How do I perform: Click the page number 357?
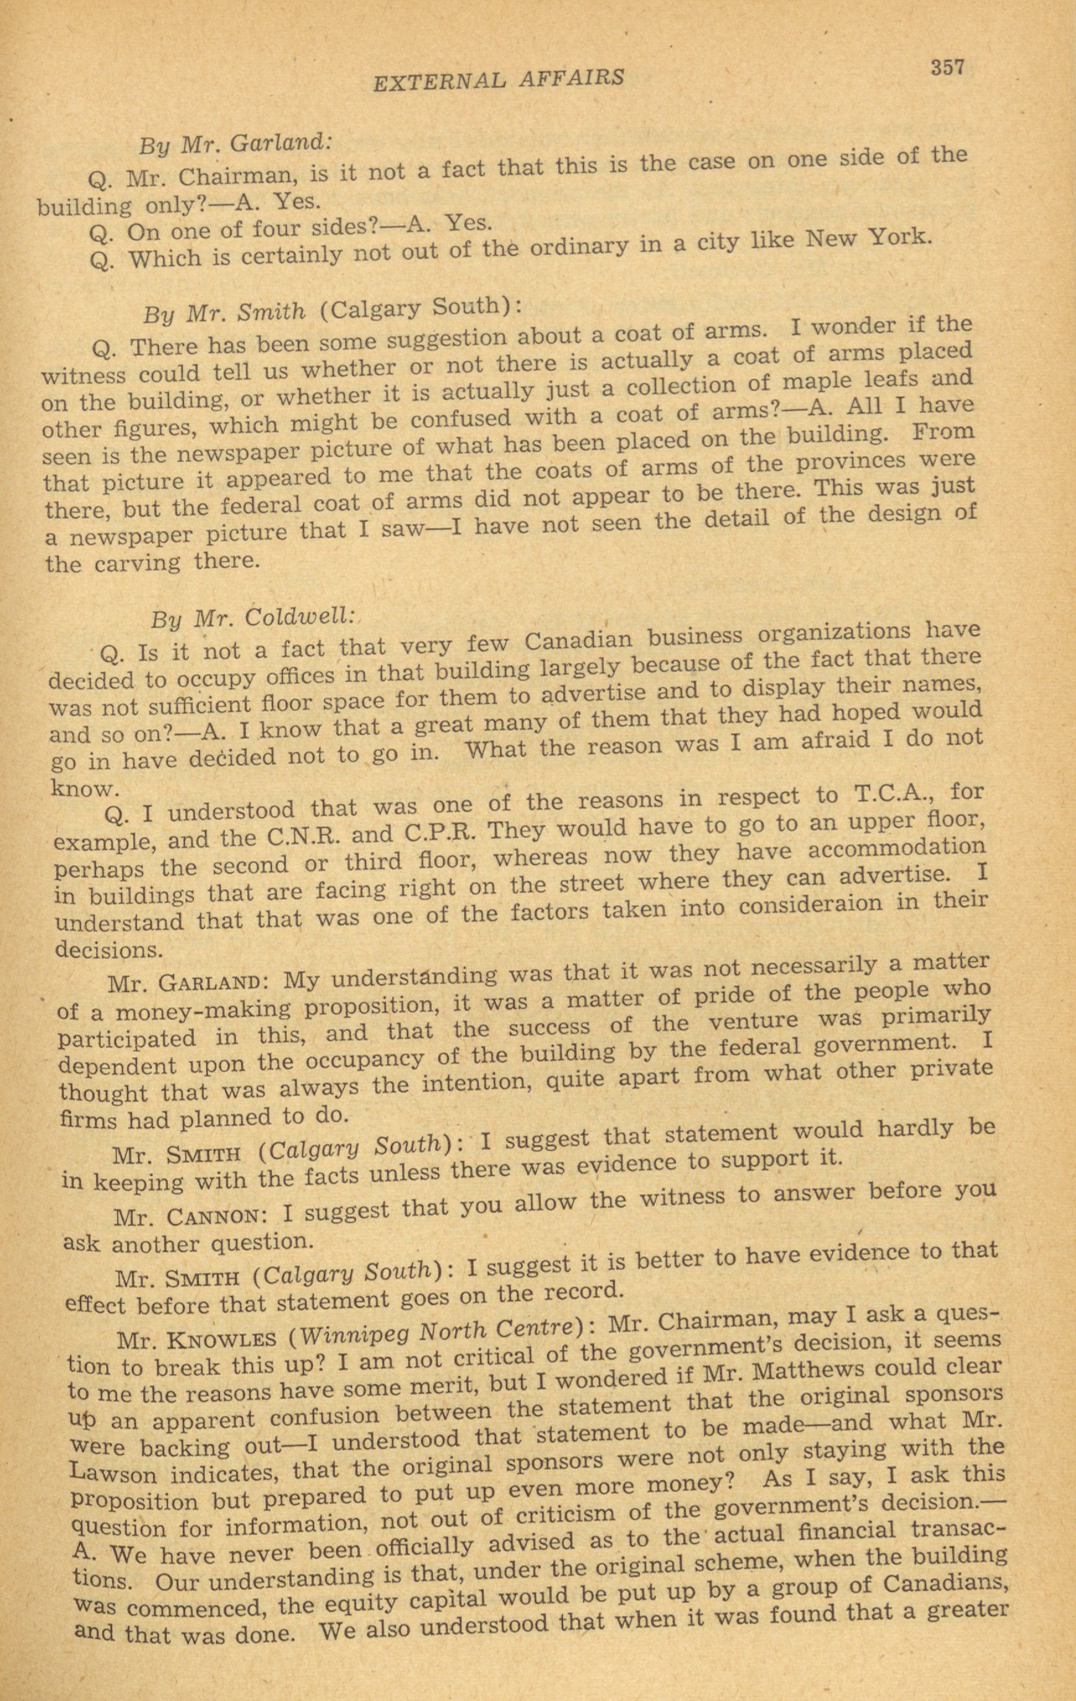[947, 68]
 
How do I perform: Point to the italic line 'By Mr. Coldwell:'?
[252, 618]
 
